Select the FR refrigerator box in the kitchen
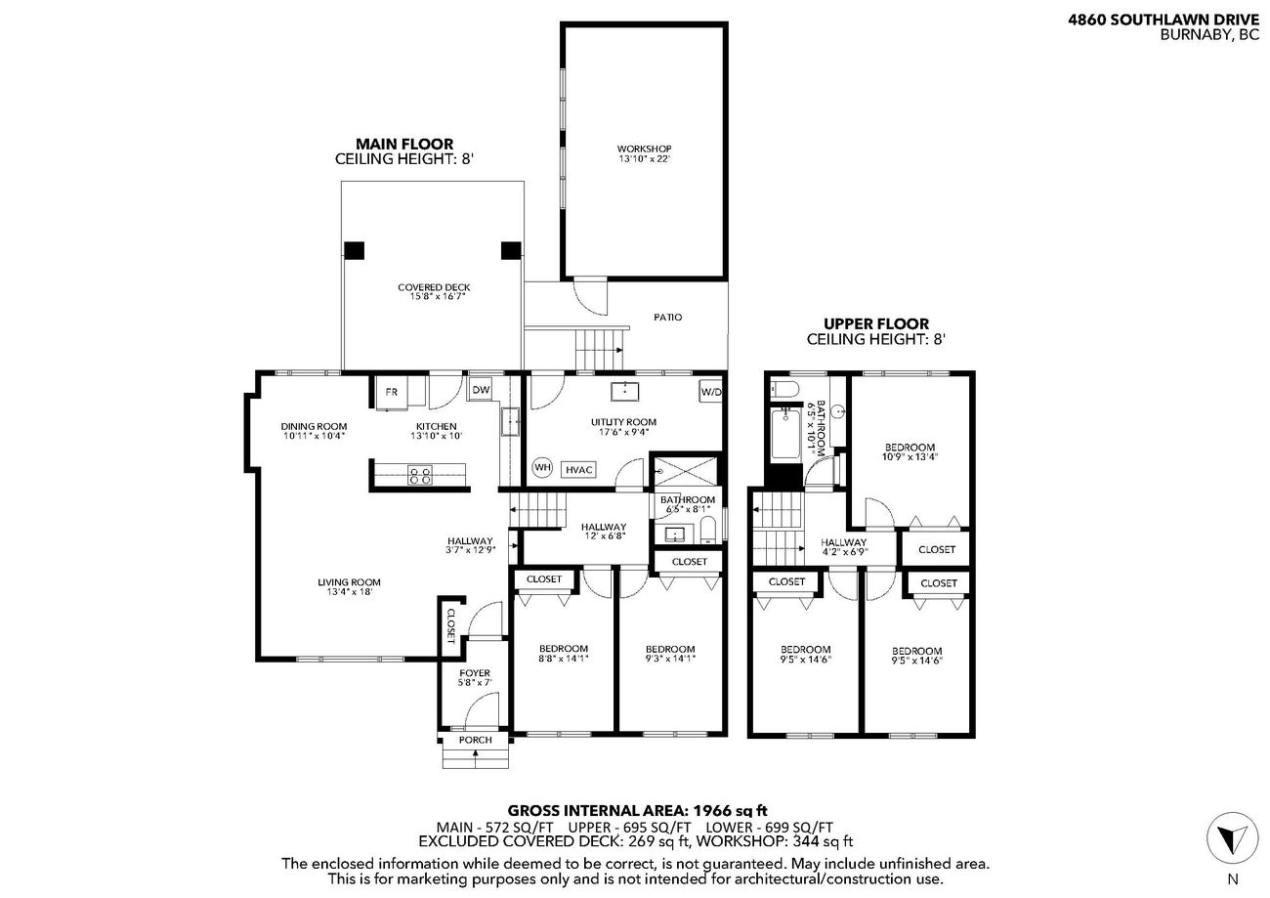coord(391,392)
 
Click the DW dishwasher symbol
coord(481,390)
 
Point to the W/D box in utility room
coord(710,392)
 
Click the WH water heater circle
coord(542,468)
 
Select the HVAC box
coord(579,470)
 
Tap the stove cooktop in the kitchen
coord(420,476)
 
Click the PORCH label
coord(476,740)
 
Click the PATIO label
coord(668,318)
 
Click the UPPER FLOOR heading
coord(875,324)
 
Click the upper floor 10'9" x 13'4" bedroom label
coord(909,451)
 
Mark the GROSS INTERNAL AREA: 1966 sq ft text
coord(637,810)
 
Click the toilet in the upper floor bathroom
coord(781,391)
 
